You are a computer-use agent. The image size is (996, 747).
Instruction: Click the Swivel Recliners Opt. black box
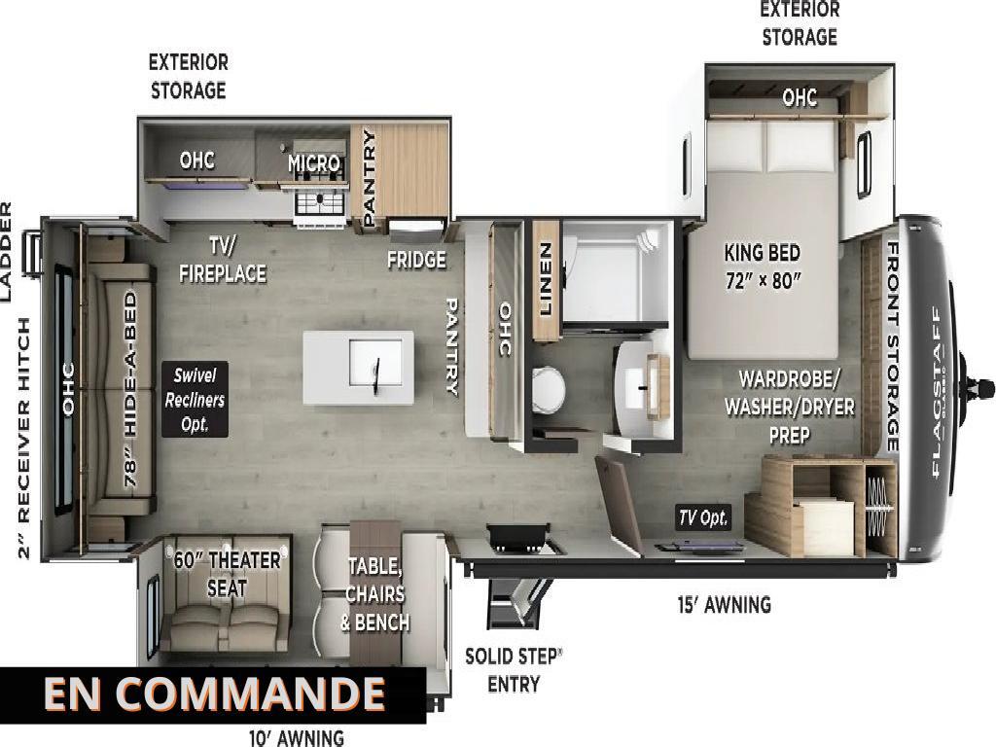(195, 400)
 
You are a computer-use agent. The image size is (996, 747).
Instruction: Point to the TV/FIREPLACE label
(223, 260)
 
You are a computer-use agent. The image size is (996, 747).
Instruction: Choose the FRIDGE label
(416, 259)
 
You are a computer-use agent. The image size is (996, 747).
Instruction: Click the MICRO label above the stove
(314, 163)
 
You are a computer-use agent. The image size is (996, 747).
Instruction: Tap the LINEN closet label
(546, 278)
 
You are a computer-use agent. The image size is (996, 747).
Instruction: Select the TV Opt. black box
(703, 517)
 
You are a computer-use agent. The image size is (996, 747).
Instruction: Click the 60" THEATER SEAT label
(227, 574)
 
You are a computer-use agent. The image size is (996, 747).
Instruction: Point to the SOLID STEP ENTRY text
(514, 670)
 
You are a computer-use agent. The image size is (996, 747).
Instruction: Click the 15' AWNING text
(724, 604)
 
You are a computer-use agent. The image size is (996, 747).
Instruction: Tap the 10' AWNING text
(297, 737)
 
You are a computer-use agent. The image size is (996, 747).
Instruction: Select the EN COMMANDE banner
(213, 694)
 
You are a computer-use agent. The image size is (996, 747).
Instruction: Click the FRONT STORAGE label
(893, 347)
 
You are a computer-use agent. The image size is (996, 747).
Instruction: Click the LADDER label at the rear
(6, 252)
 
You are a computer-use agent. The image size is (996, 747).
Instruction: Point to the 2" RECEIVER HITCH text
(24, 439)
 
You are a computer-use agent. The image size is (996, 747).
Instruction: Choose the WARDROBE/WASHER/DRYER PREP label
(790, 408)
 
